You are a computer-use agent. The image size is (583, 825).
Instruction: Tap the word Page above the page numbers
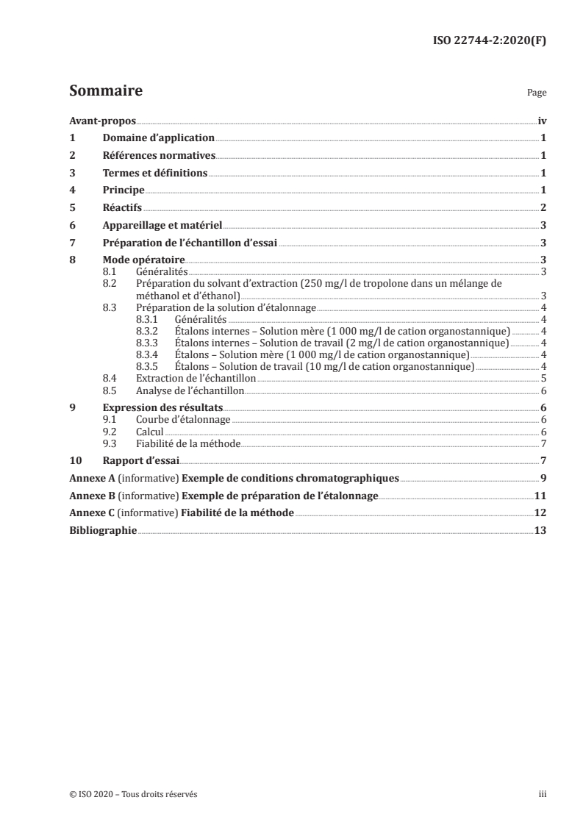point(537,94)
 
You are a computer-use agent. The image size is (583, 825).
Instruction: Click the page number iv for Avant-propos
point(542,121)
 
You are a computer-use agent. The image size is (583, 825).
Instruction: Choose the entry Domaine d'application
point(158,137)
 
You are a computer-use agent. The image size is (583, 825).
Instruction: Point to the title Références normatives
point(159,155)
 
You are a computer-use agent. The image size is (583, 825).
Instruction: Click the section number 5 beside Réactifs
point(72,208)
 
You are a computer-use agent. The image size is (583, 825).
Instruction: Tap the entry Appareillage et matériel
point(162,226)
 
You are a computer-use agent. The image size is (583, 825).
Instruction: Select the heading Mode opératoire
point(143,260)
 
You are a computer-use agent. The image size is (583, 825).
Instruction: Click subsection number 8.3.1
point(148,320)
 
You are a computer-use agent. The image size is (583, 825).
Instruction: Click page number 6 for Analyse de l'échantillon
point(543,390)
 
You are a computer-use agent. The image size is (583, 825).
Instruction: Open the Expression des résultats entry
point(162,407)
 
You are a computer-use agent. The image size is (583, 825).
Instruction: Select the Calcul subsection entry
point(150,431)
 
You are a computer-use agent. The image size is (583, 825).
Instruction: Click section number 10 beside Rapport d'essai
point(74,460)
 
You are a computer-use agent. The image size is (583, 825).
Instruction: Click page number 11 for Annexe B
point(540,496)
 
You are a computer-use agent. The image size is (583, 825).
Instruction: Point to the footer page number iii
point(543,794)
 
